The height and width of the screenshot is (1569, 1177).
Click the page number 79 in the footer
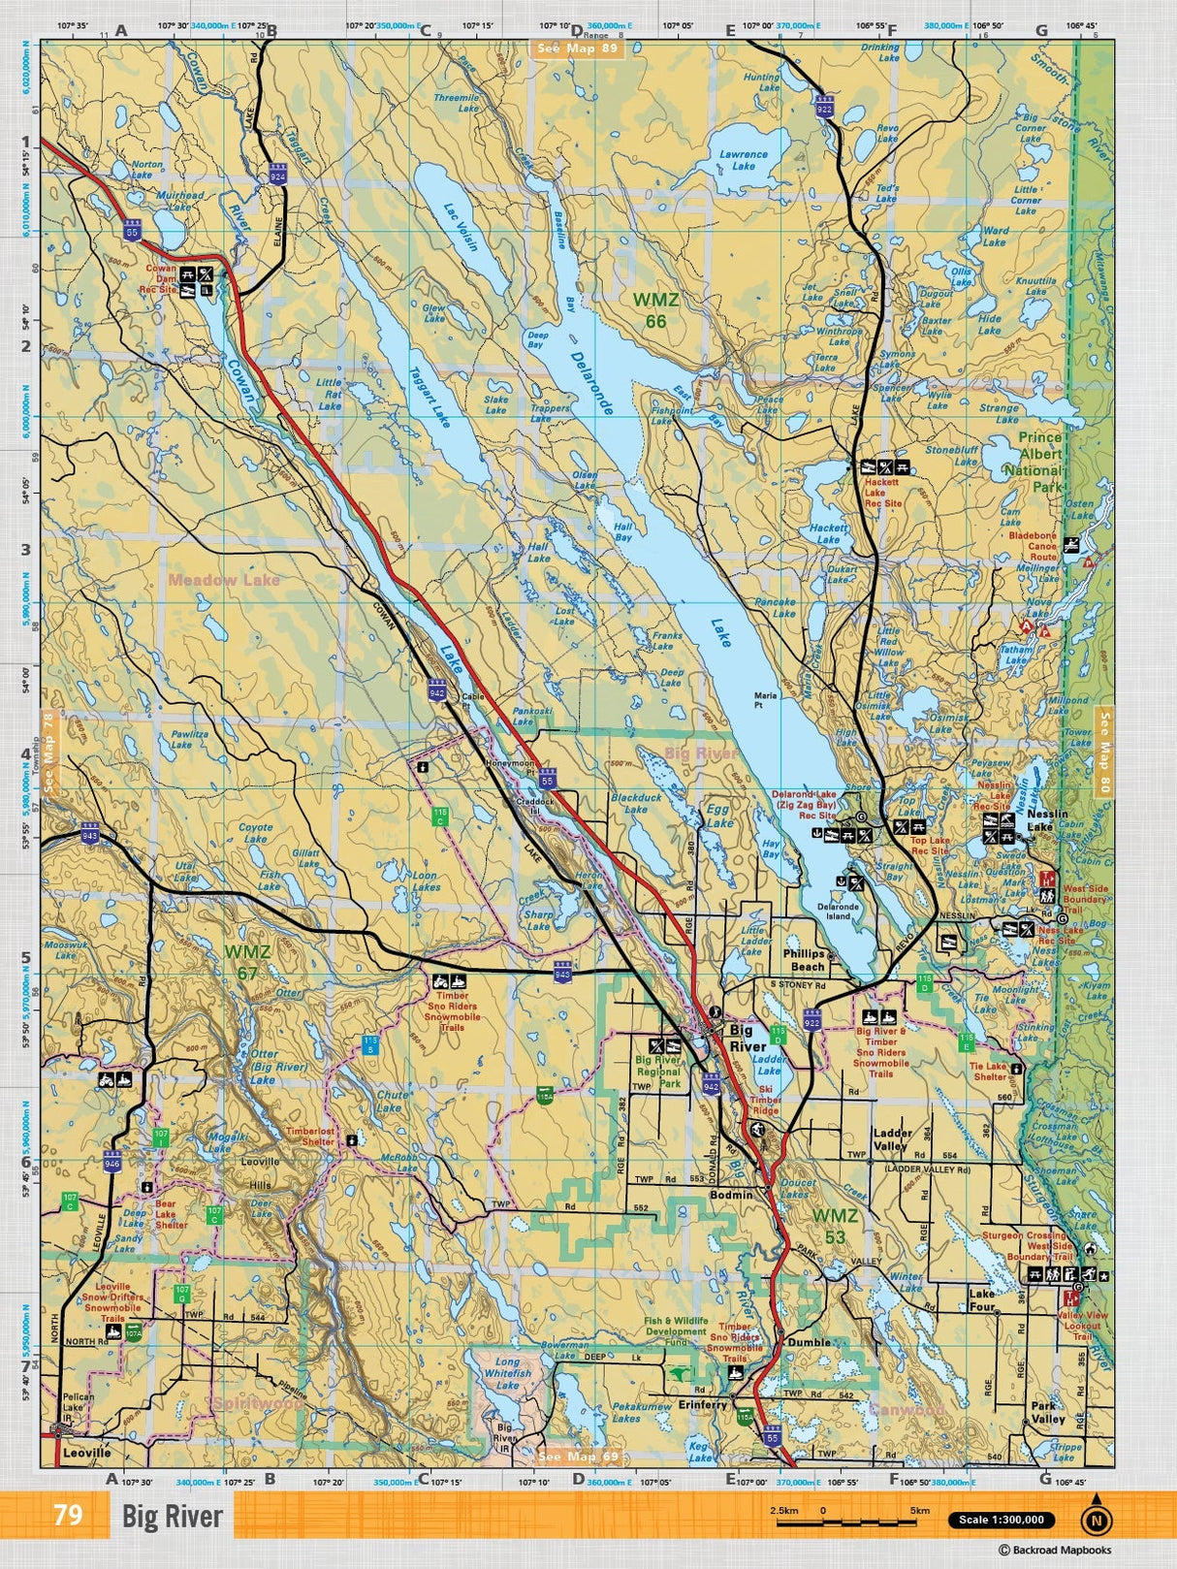(68, 1515)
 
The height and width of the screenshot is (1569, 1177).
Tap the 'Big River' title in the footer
(173, 1517)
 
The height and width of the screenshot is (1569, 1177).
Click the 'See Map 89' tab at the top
(578, 48)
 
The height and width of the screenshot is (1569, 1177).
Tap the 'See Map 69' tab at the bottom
(578, 1457)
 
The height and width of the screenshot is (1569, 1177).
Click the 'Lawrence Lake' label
(744, 160)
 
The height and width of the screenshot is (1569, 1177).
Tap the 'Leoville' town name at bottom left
(86, 1453)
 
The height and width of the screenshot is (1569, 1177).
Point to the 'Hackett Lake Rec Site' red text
(882, 493)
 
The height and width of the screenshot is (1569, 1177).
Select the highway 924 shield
(278, 175)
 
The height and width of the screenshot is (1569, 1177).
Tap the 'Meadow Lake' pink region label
(223, 580)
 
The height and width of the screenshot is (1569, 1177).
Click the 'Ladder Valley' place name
(891, 1138)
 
